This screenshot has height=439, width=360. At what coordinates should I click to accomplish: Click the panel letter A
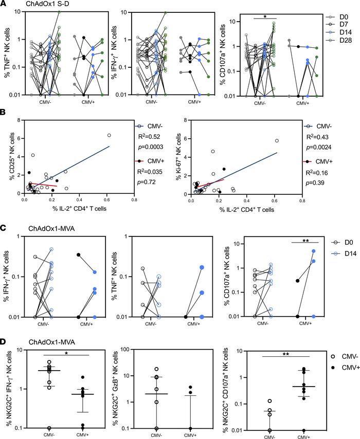pos(4,5)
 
